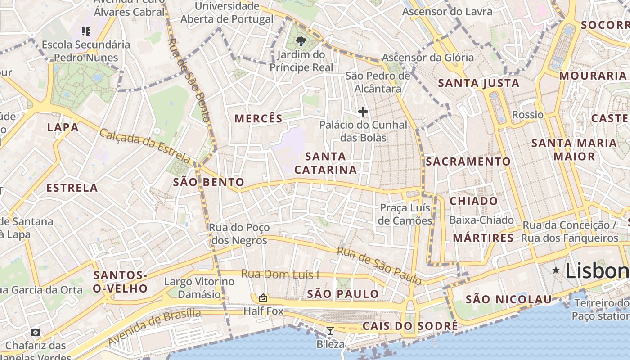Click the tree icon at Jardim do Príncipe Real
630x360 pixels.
(301, 42)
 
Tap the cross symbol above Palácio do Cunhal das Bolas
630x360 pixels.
(363, 112)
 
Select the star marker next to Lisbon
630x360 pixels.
(556, 270)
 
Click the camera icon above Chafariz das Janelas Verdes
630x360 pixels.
(36, 333)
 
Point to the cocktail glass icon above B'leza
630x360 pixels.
(330, 331)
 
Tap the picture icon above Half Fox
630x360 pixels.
(263, 298)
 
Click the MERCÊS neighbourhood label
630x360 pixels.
(258, 119)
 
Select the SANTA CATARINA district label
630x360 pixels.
(325, 163)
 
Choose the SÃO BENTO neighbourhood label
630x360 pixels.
(209, 182)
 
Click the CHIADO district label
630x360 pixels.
(474, 201)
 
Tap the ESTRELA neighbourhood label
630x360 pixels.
(72, 188)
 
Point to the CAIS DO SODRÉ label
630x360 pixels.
(410, 326)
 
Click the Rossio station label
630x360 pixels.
(528, 115)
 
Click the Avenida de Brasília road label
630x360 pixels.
(154, 327)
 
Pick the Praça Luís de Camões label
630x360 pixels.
(405, 214)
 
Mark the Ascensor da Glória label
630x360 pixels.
(427, 58)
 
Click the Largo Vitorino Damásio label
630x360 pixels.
(199, 288)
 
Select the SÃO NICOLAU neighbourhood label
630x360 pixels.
(508, 299)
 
